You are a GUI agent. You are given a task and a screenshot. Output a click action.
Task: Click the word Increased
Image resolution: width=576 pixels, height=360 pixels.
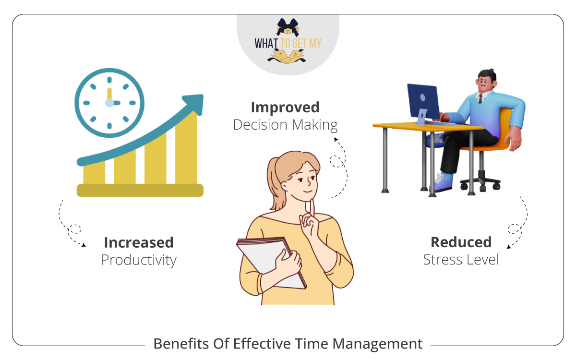click(x=139, y=242)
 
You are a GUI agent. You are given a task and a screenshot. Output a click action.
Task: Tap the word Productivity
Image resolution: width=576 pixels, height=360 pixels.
click(x=139, y=260)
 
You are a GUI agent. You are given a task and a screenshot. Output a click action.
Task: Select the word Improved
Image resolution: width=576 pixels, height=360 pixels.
click(x=285, y=107)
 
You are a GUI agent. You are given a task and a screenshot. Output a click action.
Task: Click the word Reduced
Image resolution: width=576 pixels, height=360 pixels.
click(x=461, y=242)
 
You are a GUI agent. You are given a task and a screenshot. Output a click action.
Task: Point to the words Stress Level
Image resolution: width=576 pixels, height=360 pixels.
click(x=461, y=260)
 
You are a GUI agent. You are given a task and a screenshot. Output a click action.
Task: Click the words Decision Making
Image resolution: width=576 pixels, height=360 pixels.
click(x=285, y=125)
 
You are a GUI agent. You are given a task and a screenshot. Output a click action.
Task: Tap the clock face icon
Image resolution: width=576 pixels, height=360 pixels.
click(x=109, y=103)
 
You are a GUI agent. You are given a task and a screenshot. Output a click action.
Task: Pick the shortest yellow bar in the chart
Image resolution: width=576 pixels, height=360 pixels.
click(x=94, y=175)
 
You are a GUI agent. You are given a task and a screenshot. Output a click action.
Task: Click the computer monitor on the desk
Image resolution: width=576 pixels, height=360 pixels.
click(x=423, y=101)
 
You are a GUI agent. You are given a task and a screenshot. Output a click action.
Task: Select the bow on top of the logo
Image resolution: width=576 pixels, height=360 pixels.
click(x=288, y=26)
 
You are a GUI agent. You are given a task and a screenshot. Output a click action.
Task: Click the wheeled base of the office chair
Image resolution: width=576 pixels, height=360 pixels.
click(x=480, y=183)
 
